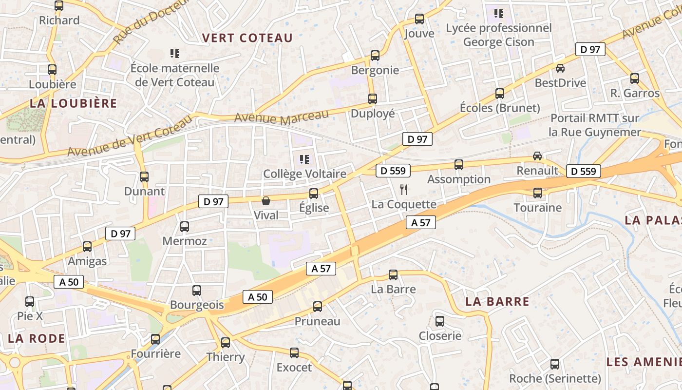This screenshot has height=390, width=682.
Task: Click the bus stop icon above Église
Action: tap(314, 194)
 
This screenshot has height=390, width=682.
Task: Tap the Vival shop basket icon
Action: tap(266, 201)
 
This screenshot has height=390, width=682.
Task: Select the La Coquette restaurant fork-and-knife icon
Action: tap(403, 190)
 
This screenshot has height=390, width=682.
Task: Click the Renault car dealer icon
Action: tap(537, 156)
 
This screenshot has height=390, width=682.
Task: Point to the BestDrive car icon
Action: tap(560, 68)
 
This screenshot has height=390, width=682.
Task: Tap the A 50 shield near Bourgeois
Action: tap(258, 297)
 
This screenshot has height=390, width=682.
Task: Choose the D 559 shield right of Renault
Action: tap(583, 171)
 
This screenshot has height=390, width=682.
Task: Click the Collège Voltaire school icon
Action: tap(304, 159)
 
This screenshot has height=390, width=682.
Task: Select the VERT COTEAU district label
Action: tap(247, 38)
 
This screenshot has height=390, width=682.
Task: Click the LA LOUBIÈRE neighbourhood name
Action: tap(74, 103)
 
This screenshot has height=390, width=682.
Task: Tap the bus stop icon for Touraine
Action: tap(538, 193)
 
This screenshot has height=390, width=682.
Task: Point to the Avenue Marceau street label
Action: tap(282, 117)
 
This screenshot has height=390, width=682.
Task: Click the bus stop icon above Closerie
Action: tap(440, 321)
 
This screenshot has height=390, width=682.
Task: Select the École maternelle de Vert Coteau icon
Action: tap(175, 53)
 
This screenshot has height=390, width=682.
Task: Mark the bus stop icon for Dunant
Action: tap(144, 177)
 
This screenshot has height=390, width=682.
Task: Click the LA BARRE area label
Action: tap(497, 301)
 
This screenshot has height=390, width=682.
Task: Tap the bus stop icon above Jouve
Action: tap(419, 19)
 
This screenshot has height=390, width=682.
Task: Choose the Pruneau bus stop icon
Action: tap(318, 307)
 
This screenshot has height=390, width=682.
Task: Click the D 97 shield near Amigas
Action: tap(120, 234)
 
